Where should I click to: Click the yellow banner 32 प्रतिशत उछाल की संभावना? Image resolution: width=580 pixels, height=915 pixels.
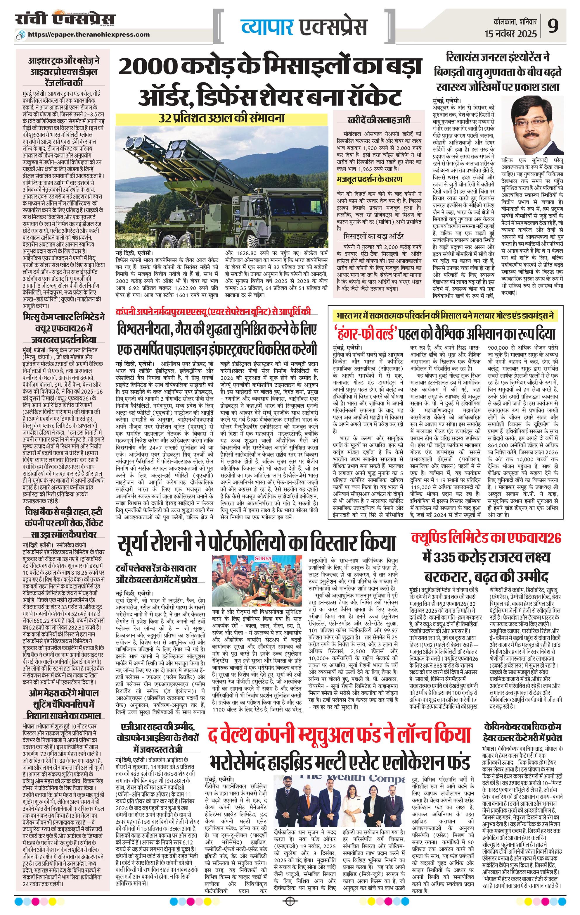[x=222, y=118]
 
